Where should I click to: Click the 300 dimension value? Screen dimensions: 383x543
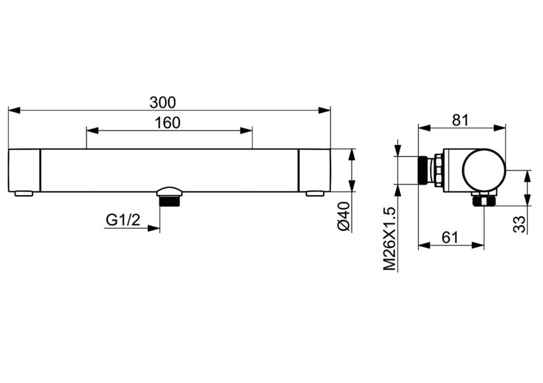point(162,103)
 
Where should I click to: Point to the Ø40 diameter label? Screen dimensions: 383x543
point(344,217)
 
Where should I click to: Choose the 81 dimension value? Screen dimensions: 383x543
point(460,120)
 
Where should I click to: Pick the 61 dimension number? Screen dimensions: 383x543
point(450,237)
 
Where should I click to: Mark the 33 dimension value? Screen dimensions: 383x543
point(520,224)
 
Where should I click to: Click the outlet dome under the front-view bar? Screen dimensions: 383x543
point(169,191)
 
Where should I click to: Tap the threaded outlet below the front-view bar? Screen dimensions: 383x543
point(169,200)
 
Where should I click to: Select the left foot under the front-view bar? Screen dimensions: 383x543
point(24,194)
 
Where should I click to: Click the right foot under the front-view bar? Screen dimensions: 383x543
point(315,194)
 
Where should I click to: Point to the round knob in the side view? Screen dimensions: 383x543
point(484,170)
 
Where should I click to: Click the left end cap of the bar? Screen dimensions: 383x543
point(24,170)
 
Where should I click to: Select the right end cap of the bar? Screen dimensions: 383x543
point(314,170)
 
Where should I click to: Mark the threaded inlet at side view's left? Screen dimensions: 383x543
point(424,170)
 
